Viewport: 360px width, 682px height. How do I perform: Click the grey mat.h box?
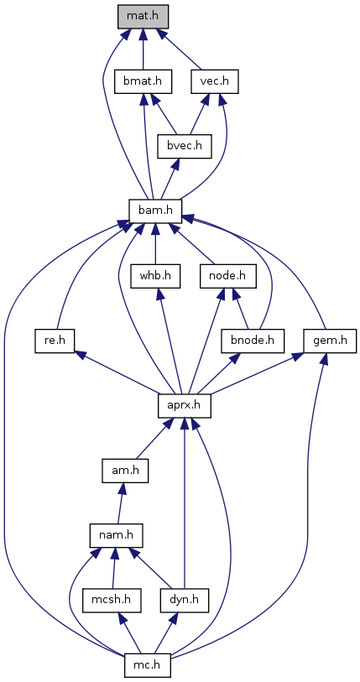tap(143, 17)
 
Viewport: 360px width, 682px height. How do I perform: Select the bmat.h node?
tap(143, 81)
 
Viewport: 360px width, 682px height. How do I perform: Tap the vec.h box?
tap(215, 81)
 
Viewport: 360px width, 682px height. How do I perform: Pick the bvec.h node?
tap(185, 146)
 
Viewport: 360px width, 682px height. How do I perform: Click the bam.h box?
tap(155, 211)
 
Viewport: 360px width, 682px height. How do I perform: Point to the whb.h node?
tap(155, 276)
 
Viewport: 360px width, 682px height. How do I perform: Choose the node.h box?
tap(227, 276)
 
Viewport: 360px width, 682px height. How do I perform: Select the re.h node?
tap(55, 341)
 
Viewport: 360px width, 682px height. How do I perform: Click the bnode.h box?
tap(253, 341)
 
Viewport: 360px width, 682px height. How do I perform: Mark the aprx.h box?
tap(185, 405)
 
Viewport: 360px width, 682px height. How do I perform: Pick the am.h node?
tap(125, 470)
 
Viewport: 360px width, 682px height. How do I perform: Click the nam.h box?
tap(117, 535)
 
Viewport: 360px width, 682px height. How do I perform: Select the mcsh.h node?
tap(112, 601)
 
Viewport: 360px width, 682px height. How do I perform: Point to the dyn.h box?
tap(184, 601)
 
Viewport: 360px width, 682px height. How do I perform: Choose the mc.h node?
tap(147, 665)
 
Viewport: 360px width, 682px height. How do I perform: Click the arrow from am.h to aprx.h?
tap(153, 441)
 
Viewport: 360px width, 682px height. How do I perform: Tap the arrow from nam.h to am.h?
tap(122, 503)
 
